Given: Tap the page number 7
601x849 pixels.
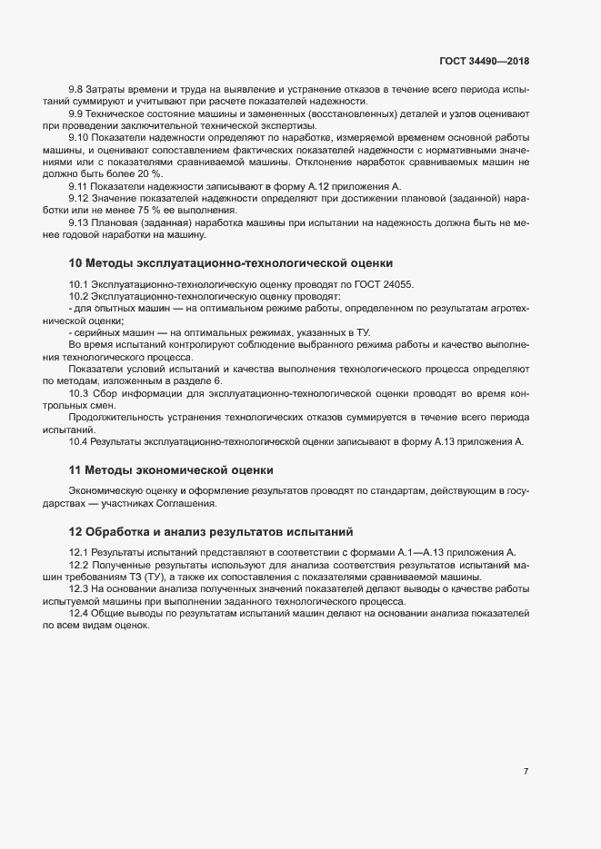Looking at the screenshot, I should tap(526, 771).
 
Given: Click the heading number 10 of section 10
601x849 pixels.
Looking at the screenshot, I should tap(75, 263).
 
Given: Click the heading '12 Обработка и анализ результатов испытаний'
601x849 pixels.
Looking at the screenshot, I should tap(210, 530).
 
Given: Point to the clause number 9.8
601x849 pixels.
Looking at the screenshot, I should tap(76, 91).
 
